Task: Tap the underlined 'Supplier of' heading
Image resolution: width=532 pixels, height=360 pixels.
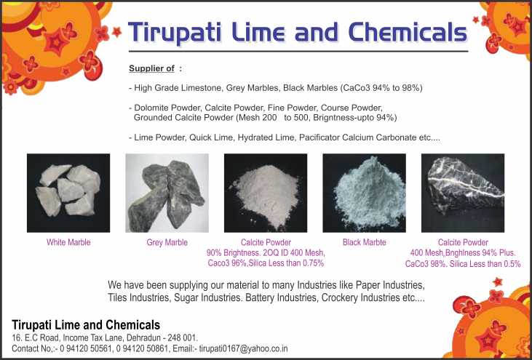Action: pos(151,68)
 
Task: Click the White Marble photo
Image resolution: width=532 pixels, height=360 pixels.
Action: pos(68,193)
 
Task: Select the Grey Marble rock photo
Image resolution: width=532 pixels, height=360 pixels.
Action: pos(167,193)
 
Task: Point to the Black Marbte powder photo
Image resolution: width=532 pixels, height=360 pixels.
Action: pos(364,193)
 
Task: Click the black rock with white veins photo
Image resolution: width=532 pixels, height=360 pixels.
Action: pos(463,193)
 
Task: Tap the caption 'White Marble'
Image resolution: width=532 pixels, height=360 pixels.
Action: pos(68,242)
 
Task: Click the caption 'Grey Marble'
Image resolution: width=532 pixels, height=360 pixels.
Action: pos(167,242)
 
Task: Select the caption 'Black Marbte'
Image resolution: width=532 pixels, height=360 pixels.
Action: pos(365,242)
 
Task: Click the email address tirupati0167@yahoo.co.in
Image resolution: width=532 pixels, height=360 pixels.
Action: pos(243,348)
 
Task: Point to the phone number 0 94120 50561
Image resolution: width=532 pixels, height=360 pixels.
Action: pos(86,348)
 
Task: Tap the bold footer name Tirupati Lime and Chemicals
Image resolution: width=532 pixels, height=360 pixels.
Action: pos(86,325)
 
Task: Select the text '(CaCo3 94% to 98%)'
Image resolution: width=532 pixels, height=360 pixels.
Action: pos(381,88)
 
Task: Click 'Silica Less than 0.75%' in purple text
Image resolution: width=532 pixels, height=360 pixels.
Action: pos(286,263)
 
